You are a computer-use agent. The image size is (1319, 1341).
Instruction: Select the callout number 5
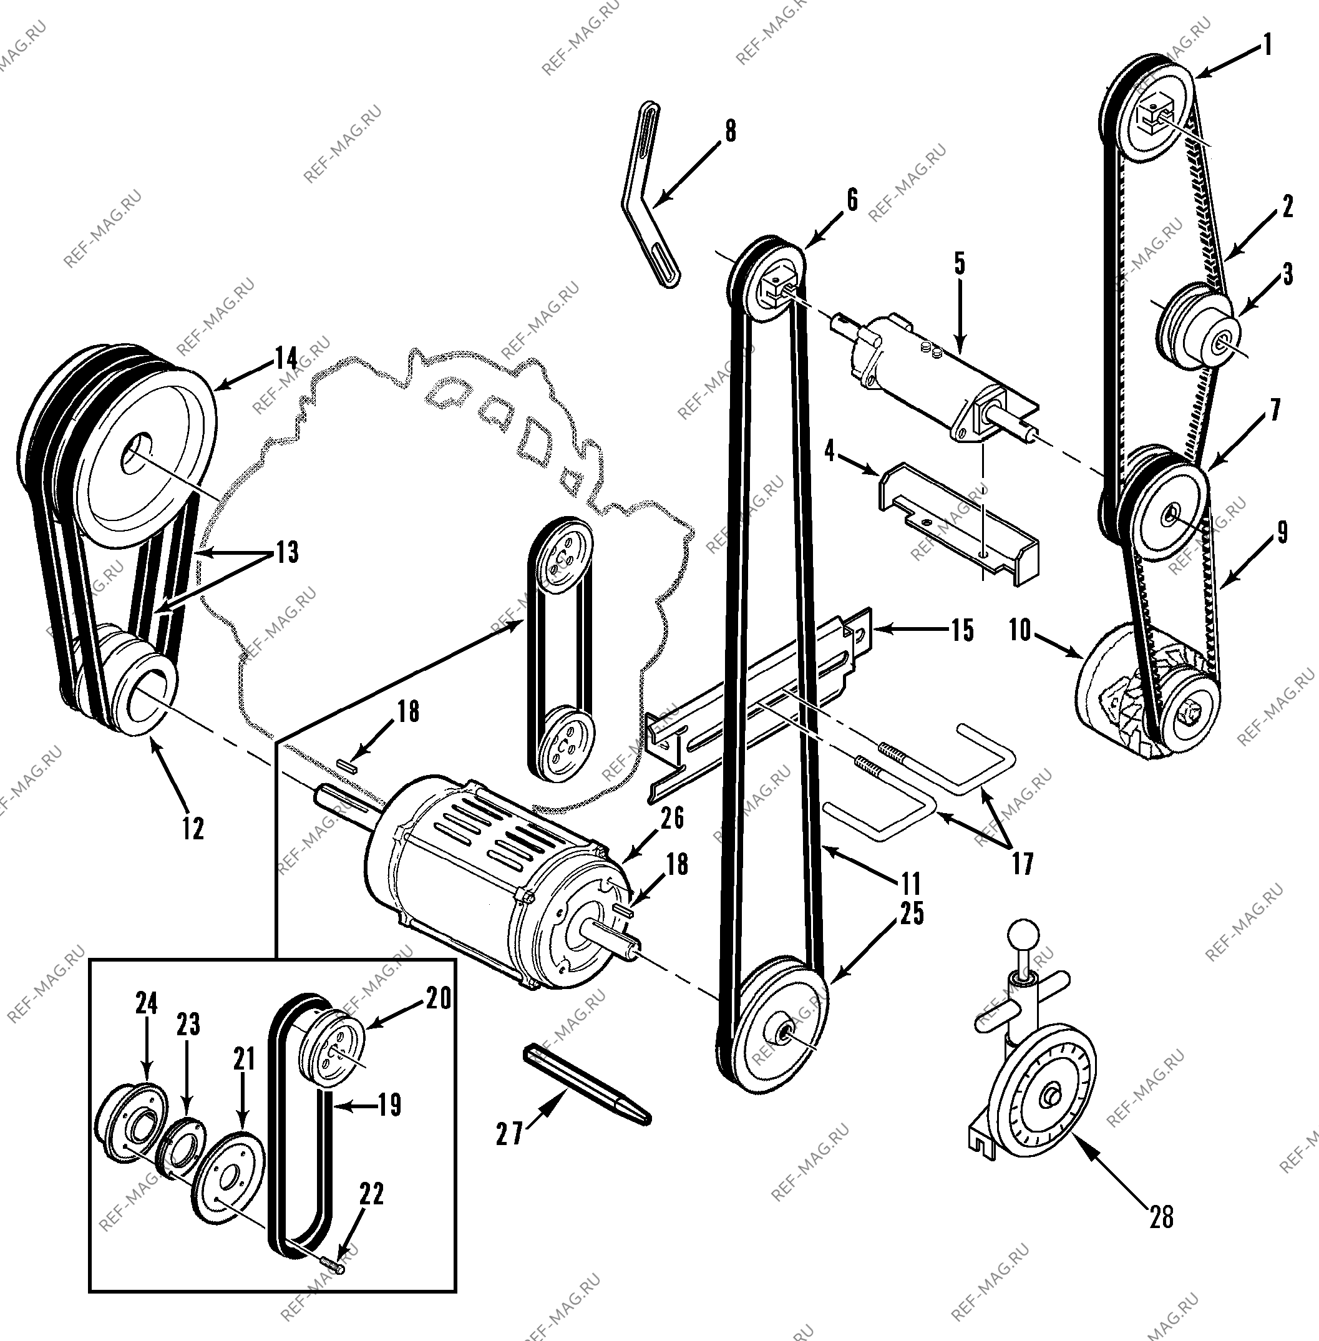(960, 265)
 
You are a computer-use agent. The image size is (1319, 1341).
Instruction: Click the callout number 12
(193, 829)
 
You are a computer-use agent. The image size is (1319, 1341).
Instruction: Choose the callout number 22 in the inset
(372, 1194)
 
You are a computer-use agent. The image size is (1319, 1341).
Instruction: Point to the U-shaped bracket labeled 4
(959, 520)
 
